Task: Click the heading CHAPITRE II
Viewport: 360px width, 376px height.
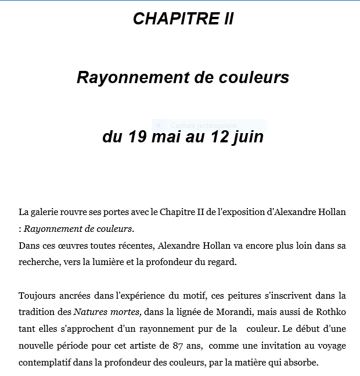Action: pyautogui.click(x=183, y=19)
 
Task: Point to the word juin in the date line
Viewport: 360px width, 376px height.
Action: pyautogui.click(x=247, y=137)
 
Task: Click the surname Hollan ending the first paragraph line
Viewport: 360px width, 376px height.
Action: pyautogui.click(x=330, y=212)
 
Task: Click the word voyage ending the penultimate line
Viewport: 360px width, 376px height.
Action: pyautogui.click(x=330, y=346)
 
